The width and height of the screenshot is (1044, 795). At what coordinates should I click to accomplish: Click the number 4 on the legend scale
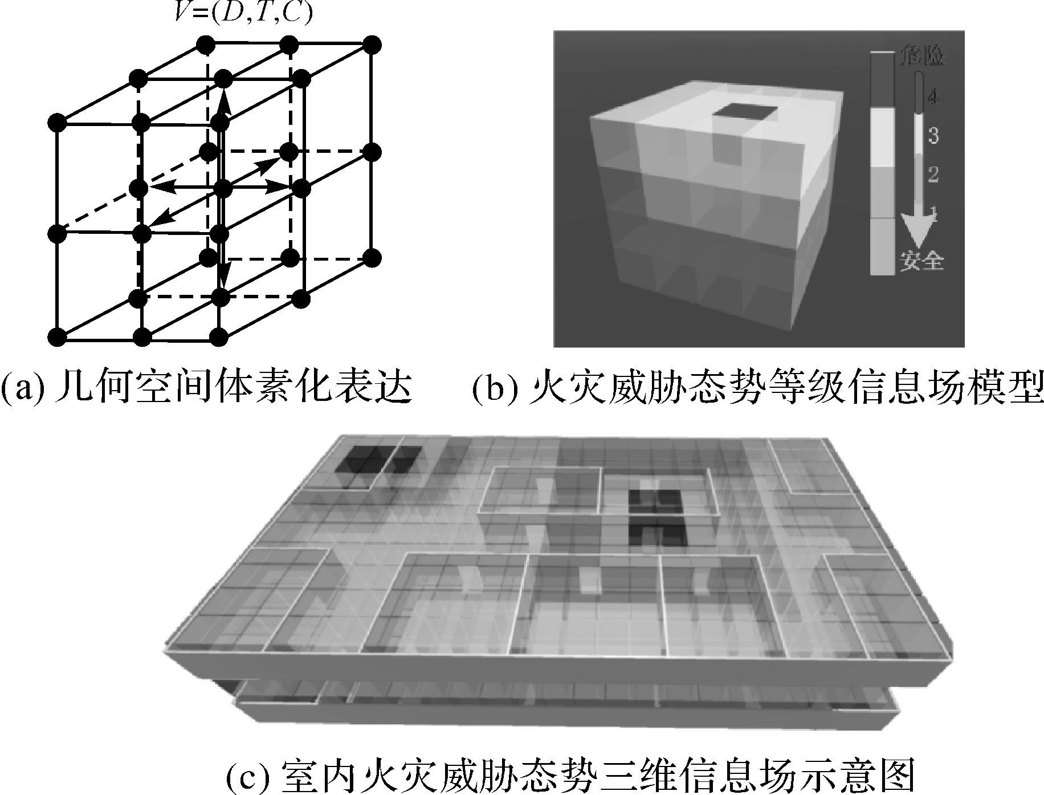coord(932,98)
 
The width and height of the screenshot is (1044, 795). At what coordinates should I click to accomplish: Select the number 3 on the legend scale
coord(933,136)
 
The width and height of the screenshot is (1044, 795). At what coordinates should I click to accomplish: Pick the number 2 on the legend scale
coord(933,174)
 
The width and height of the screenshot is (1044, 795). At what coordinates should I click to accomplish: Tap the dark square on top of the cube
coord(743,113)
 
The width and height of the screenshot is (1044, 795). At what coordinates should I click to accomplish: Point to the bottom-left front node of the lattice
coord(57,337)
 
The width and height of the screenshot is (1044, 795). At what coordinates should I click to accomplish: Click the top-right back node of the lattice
coord(372,44)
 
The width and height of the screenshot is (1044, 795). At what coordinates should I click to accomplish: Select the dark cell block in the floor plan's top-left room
coord(378,460)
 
